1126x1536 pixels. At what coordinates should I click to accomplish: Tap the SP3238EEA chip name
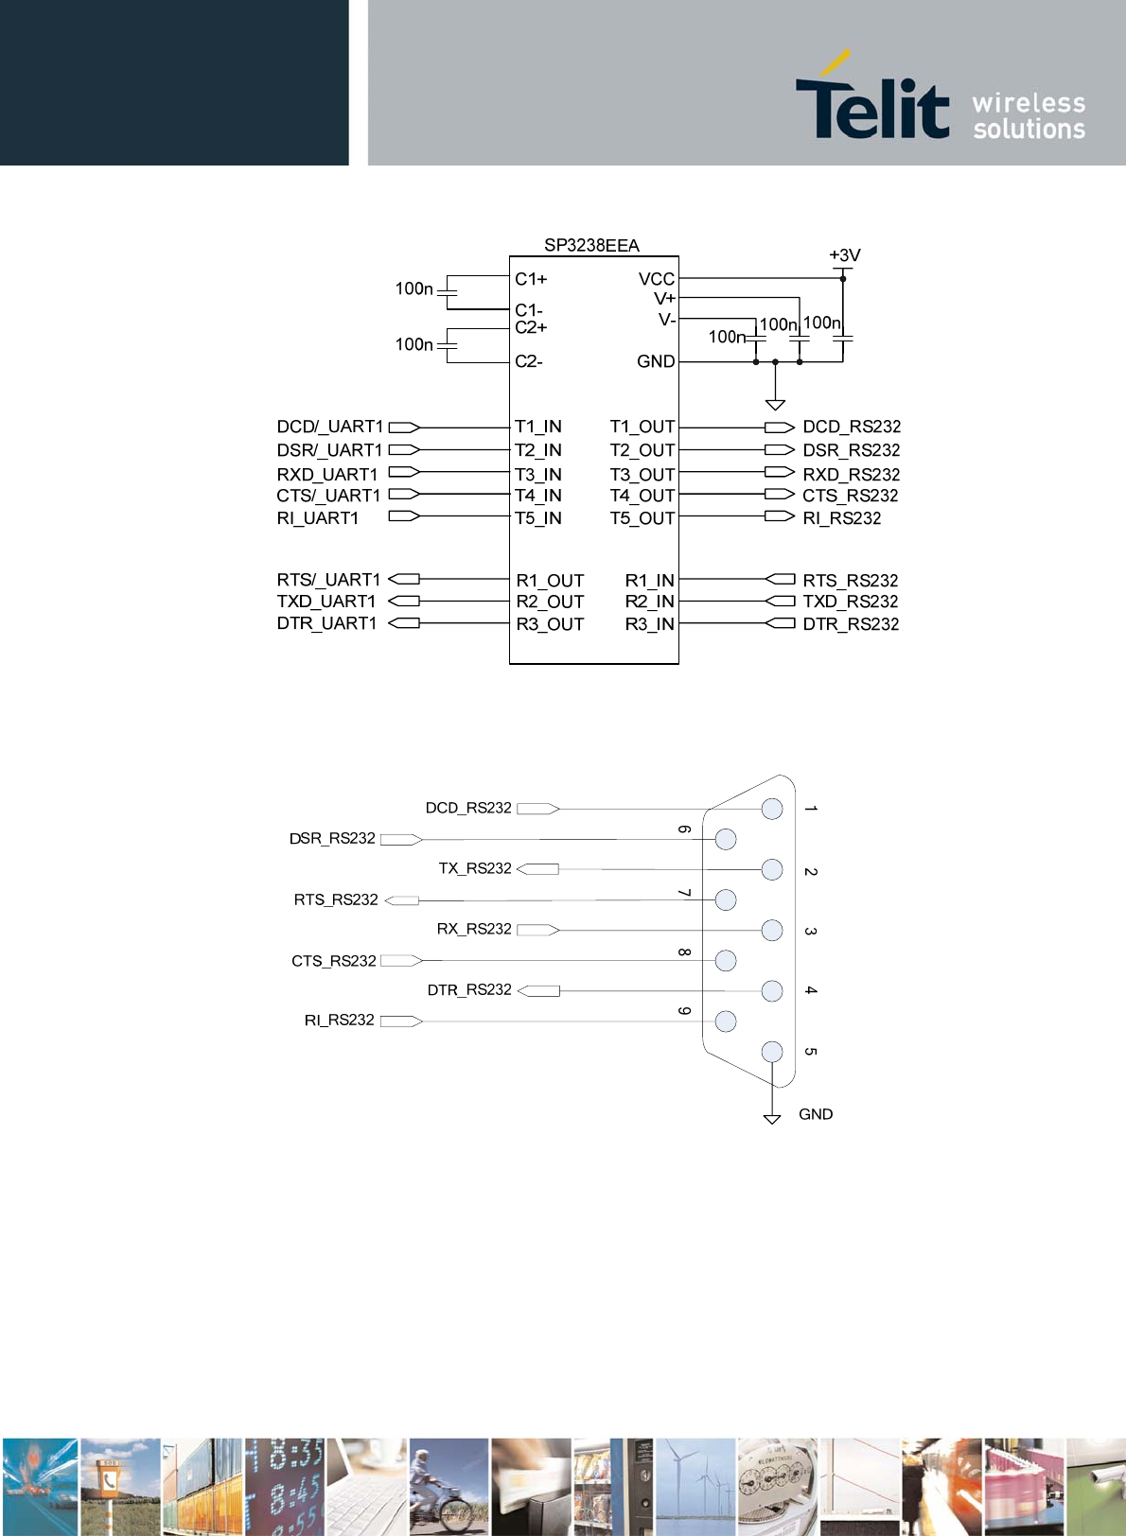pyautogui.click(x=591, y=246)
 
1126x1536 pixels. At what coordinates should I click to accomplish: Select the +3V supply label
pyautogui.click(x=844, y=255)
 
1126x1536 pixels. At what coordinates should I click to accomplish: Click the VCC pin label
pyautogui.click(x=656, y=279)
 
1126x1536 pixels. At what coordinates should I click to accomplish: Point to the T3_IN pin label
pyautogui.click(x=538, y=475)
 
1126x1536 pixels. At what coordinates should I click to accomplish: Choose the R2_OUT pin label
pyautogui.click(x=550, y=602)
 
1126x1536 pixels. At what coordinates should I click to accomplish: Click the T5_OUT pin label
pyautogui.click(x=642, y=518)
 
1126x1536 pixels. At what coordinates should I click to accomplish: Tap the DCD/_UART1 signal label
pyautogui.click(x=329, y=427)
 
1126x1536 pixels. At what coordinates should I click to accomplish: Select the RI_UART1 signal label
pyautogui.click(x=318, y=518)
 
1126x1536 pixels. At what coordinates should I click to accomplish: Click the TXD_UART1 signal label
pyautogui.click(x=326, y=602)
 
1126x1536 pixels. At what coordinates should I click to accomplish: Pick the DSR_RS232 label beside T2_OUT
pyautogui.click(x=851, y=450)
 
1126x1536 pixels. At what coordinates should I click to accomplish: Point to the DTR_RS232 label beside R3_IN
pyautogui.click(x=851, y=624)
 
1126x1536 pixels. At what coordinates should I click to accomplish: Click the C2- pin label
pyautogui.click(x=529, y=361)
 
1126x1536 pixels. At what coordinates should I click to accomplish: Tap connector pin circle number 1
pyautogui.click(x=772, y=809)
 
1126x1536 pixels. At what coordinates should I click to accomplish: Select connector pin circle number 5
pyautogui.click(x=772, y=1052)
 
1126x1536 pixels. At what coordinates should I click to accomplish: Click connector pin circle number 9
pyautogui.click(x=726, y=1021)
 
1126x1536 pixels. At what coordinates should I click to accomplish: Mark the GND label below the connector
pyautogui.click(x=816, y=1114)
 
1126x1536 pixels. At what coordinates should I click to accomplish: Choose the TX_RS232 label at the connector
pyautogui.click(x=475, y=868)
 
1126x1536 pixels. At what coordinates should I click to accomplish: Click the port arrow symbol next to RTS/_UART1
pyautogui.click(x=404, y=579)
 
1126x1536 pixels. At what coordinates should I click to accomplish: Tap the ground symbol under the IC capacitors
pyautogui.click(x=775, y=405)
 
